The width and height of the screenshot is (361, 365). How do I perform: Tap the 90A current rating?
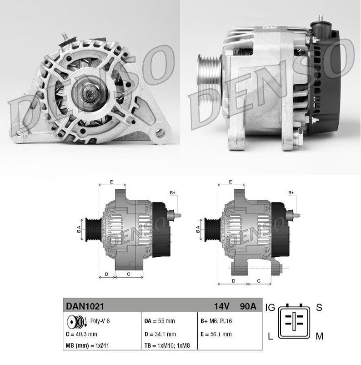point(248,306)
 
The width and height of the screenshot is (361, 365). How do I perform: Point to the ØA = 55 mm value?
point(159,321)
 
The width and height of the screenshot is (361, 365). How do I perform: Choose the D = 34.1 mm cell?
point(160,334)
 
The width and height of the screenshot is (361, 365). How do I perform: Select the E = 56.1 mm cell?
point(216,334)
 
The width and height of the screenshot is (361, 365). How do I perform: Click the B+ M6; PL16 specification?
point(216,321)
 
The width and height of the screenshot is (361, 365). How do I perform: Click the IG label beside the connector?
point(270,308)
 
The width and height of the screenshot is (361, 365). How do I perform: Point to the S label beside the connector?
point(319,308)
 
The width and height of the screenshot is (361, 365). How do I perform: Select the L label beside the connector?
point(271,336)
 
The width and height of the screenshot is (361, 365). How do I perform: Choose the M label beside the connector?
point(320,336)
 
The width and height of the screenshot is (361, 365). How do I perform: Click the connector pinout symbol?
point(294,320)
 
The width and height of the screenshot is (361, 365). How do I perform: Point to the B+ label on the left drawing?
point(172,193)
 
